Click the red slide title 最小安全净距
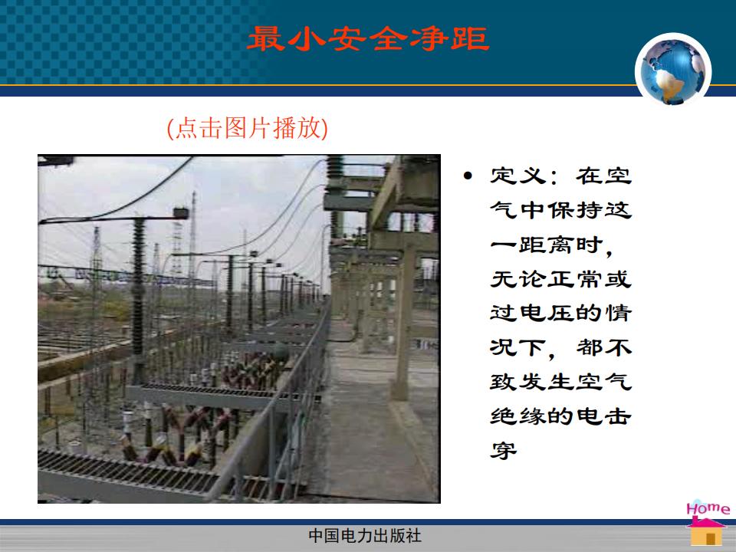coord(369,38)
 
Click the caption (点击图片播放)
coord(248,128)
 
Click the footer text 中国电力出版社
coord(365,536)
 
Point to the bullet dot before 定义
coord(468,176)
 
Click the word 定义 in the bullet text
coord(518,176)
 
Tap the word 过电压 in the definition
coord(532,313)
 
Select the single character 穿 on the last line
coord(504,450)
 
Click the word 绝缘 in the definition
coord(518,416)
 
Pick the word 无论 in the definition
coord(518,279)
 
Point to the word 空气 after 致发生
coord(603,382)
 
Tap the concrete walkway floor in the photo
coord(371,422)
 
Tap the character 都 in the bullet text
coord(590,347)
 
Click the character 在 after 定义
coord(590,176)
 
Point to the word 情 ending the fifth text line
coord(618,313)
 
